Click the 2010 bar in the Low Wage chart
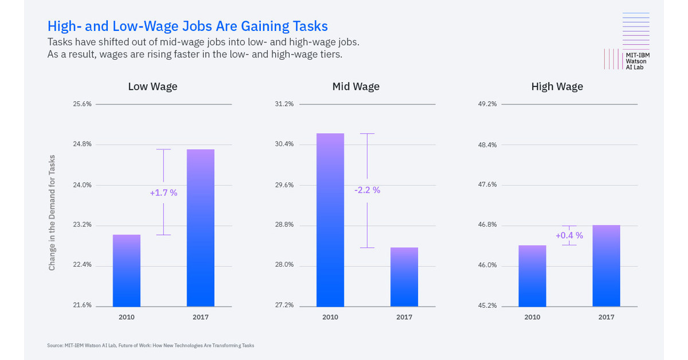click(127, 271)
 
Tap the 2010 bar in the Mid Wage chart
click(330, 220)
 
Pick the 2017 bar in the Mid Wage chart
click(404, 277)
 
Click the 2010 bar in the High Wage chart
click(532, 276)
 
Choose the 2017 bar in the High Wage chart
click(606, 265)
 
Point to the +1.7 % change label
click(163, 193)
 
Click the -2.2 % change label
click(367, 190)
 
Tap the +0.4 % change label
click(569, 235)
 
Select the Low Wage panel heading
click(153, 87)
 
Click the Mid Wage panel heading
click(355, 87)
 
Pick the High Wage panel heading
click(557, 87)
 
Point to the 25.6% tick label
click(82, 104)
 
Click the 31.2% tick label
click(284, 104)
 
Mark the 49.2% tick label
click(487, 104)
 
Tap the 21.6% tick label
click(82, 305)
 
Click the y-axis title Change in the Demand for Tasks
click(52, 213)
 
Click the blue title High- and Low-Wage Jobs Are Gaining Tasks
click(187, 26)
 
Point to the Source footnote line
click(150, 346)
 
